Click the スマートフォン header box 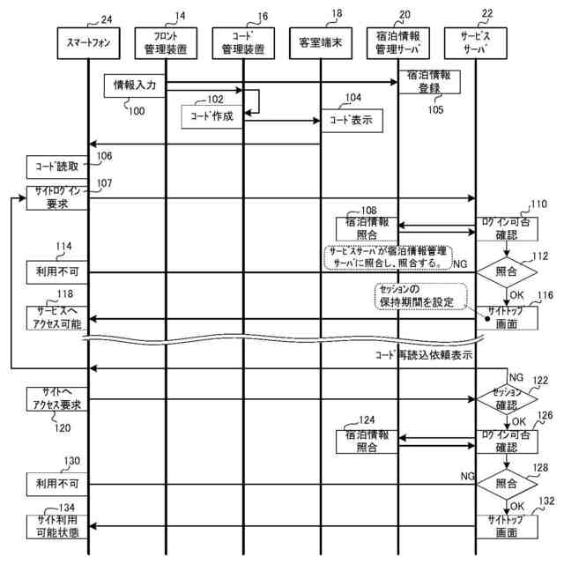tap(88, 42)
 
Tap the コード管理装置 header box tap(243, 42)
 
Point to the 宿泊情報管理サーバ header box tap(399, 42)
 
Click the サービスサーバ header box tap(476, 42)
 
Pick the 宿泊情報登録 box tap(429, 83)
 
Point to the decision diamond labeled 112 tap(506, 272)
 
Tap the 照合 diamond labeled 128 tap(506, 483)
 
